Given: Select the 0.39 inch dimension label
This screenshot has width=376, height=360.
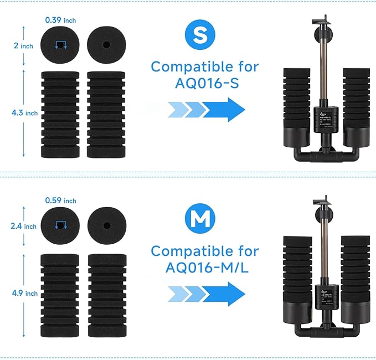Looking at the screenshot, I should pyautogui.click(x=60, y=20).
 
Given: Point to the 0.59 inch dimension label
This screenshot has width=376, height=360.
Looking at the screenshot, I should pyautogui.click(x=60, y=200).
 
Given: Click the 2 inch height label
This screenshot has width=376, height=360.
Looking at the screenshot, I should pyautogui.click(x=23, y=46).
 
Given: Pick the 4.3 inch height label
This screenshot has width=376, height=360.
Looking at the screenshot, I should pyautogui.click(x=24, y=113).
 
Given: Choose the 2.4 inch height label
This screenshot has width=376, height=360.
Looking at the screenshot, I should pyautogui.click(x=24, y=226).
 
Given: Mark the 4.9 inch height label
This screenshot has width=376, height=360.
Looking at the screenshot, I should pyautogui.click(x=24, y=293).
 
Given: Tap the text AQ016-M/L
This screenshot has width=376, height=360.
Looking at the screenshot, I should pyautogui.click(x=205, y=267).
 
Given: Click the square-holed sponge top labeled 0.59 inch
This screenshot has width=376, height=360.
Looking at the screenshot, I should pyautogui.click(x=60, y=225).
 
